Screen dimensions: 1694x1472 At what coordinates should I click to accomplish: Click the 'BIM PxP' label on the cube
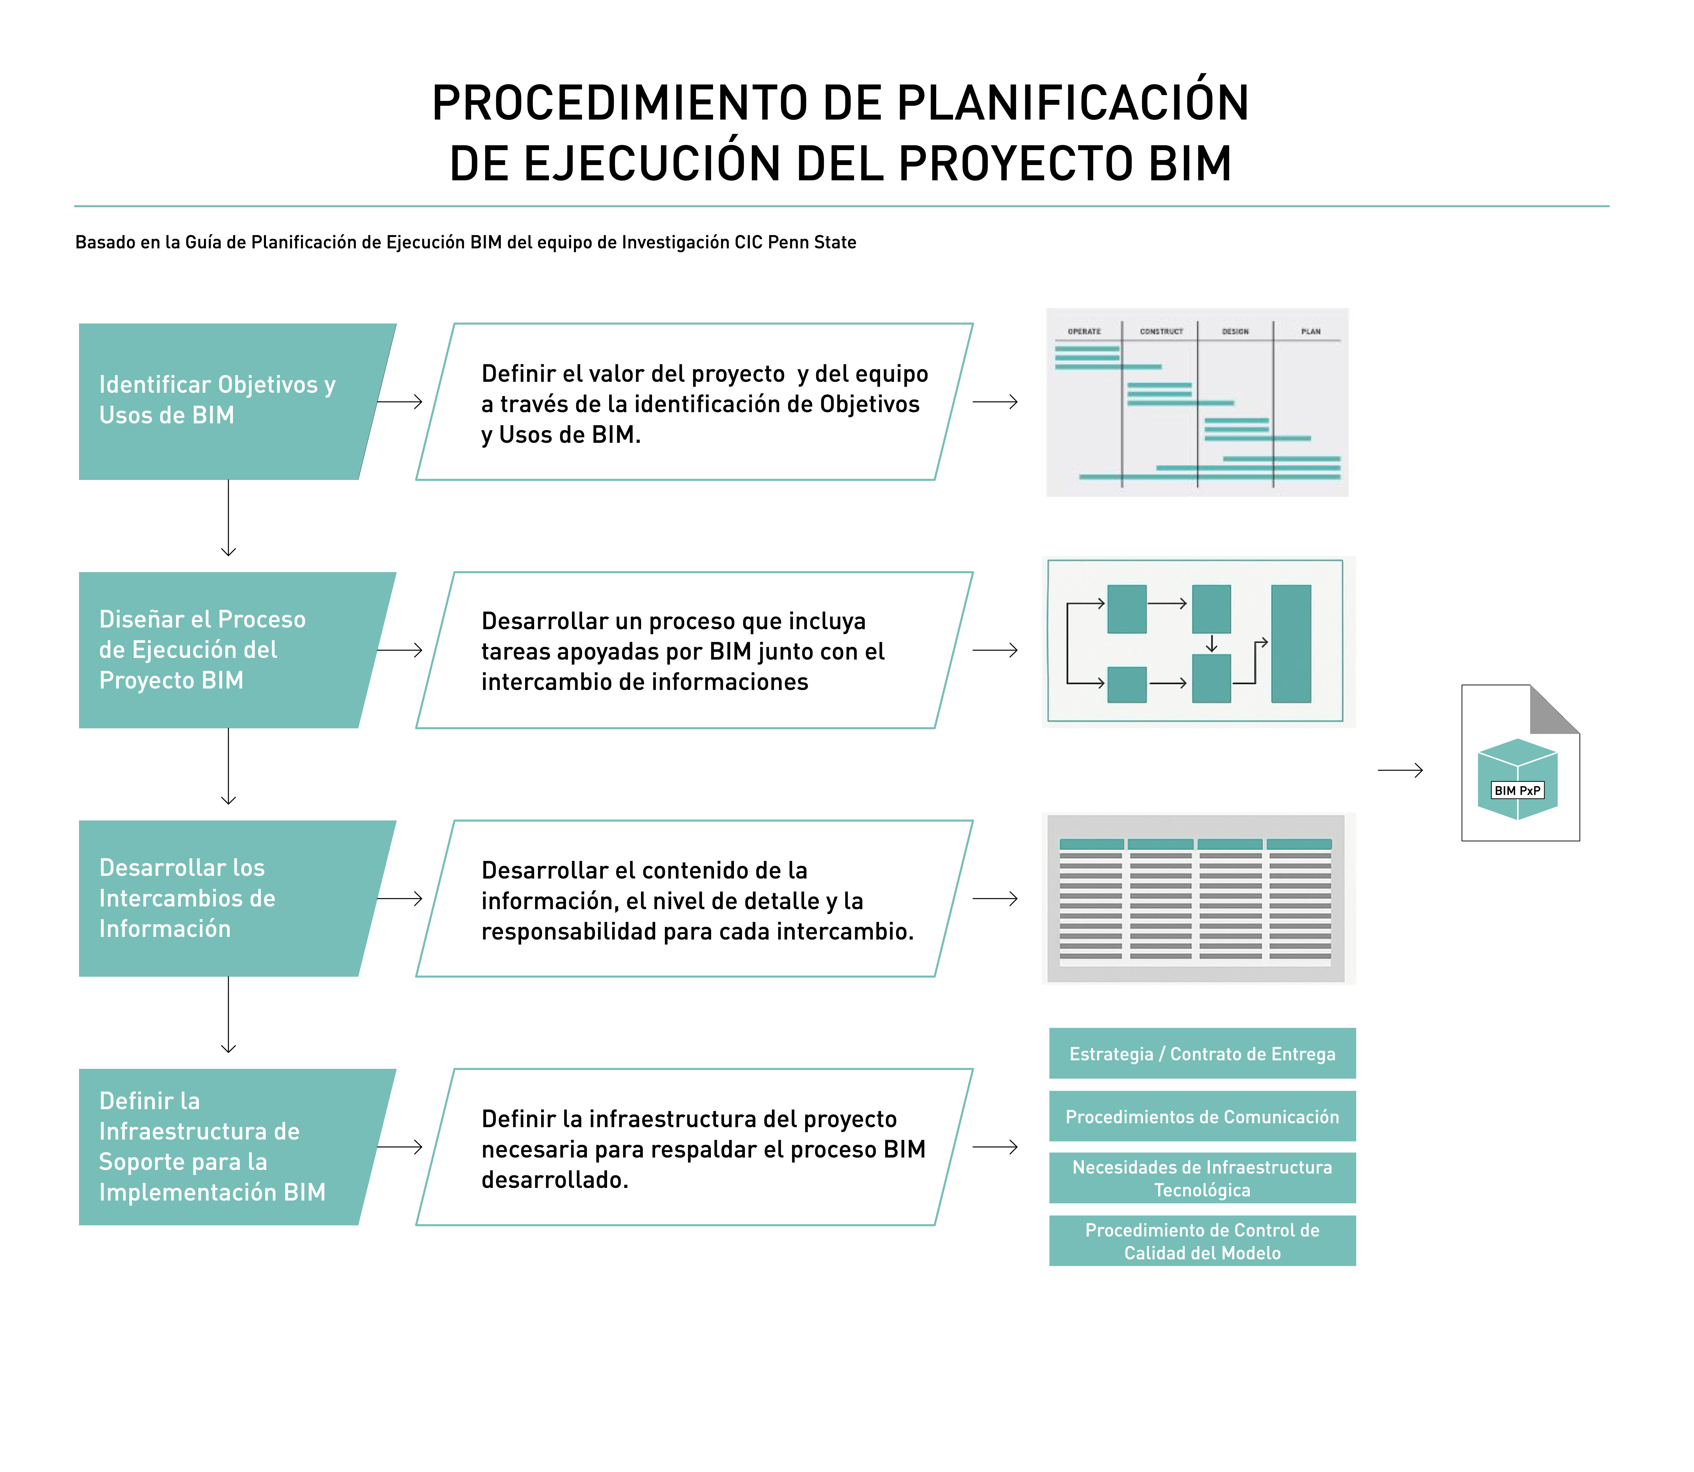(x=1517, y=790)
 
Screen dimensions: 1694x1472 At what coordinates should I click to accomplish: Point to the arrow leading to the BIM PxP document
(x=1400, y=770)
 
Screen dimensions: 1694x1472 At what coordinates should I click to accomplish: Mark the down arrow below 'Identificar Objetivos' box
(x=228, y=518)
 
